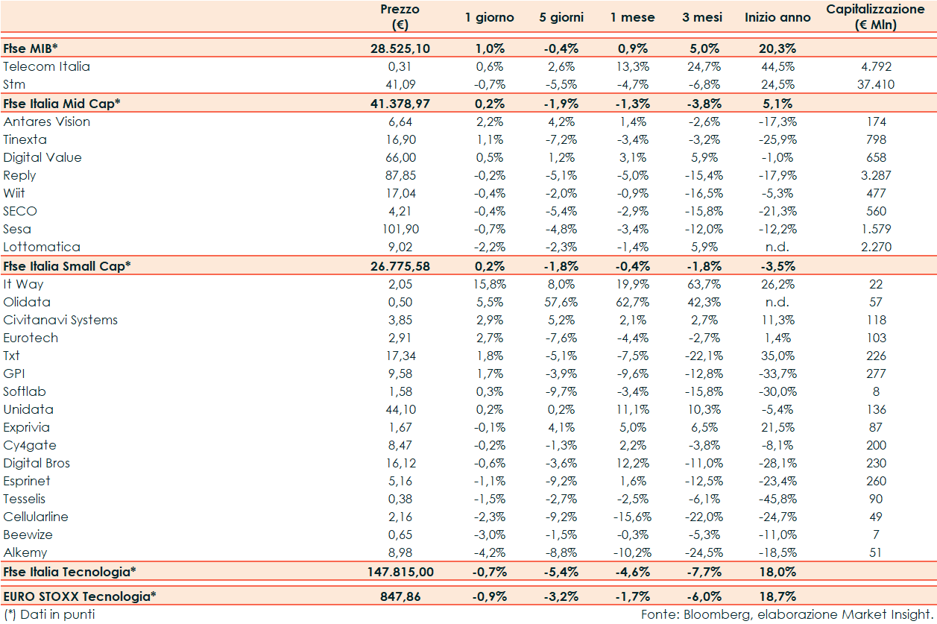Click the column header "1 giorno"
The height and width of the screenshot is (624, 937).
coord(489,17)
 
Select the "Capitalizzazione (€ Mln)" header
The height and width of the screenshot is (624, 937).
coord(875,17)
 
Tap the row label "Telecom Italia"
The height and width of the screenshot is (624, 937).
coord(46,66)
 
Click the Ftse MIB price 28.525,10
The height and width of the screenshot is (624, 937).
coord(400,48)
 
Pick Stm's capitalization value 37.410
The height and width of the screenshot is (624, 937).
coord(875,84)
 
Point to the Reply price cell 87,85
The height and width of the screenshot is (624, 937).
coord(400,175)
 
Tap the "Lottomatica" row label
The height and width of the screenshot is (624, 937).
coord(42,247)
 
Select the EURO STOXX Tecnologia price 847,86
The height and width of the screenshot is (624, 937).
coord(400,596)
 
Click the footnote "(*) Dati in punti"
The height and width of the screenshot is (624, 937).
coord(49,614)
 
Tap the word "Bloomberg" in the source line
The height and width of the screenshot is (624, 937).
coord(713,614)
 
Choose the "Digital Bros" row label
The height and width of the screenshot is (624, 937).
coord(37,463)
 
